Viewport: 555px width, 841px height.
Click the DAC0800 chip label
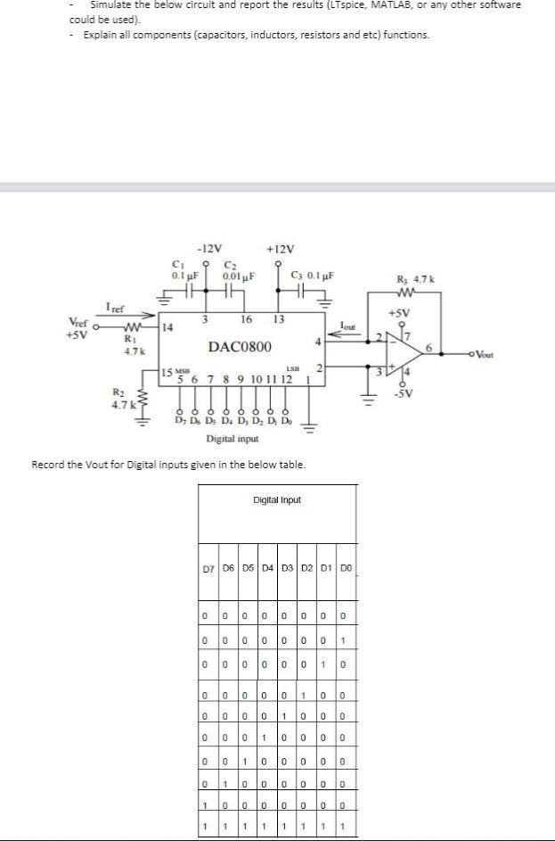240,345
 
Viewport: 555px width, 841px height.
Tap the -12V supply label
210,248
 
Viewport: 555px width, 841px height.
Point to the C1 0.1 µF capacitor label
184,269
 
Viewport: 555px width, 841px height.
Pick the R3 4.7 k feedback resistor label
417,280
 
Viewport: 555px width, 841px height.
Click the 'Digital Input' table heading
277,499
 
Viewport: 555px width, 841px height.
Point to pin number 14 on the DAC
168,328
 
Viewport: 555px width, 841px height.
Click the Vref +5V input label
78,327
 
